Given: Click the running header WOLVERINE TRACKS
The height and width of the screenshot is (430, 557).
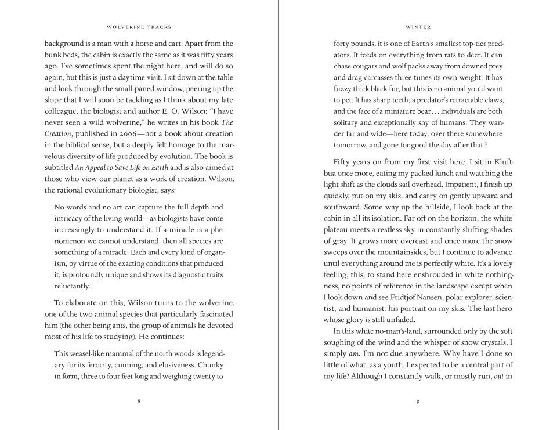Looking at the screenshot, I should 139,27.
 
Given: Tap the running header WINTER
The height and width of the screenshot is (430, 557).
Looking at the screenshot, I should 418,27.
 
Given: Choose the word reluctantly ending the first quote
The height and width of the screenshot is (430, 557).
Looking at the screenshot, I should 72,286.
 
